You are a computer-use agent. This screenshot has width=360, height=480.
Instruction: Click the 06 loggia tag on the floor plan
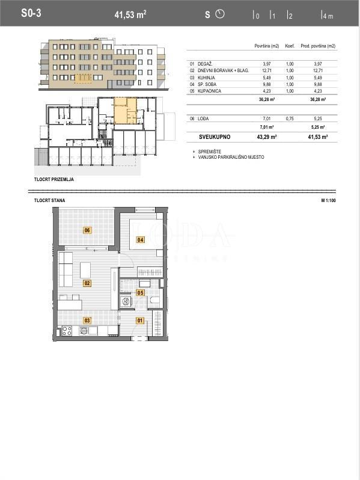click(87, 230)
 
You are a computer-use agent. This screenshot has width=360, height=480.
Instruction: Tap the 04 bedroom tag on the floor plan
click(140, 240)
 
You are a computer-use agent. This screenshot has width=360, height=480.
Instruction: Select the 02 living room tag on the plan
click(87, 283)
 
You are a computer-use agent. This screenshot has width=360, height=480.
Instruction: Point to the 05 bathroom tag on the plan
click(140, 293)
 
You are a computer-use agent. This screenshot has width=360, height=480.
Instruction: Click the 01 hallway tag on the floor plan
click(139, 320)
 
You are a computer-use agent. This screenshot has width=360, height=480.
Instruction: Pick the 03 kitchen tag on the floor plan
click(87, 321)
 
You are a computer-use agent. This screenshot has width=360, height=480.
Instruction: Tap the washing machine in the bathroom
click(126, 302)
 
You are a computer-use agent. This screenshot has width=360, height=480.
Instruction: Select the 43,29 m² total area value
click(266, 137)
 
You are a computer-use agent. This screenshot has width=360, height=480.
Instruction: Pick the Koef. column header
click(290, 46)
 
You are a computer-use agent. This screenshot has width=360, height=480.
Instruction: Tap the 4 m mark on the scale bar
click(327, 16)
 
